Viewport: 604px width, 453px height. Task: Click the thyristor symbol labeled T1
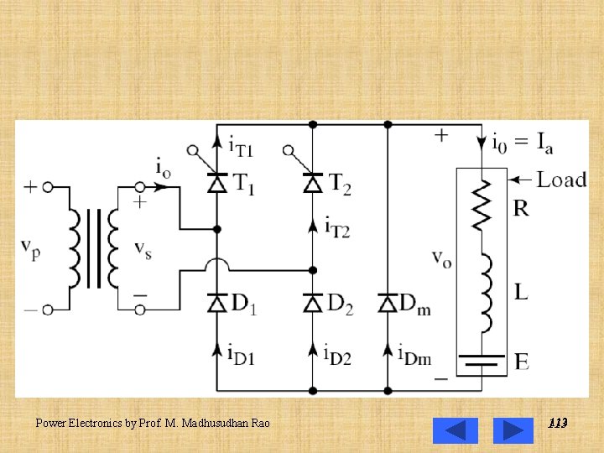coord(217,182)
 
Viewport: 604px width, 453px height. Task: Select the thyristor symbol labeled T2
coord(313,182)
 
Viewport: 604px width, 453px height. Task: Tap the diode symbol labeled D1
coord(217,303)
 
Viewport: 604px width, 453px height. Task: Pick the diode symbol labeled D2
coord(313,303)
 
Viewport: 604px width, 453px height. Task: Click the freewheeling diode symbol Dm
coord(388,303)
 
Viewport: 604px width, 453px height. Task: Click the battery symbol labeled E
coord(482,362)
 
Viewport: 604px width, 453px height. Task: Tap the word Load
coord(561,180)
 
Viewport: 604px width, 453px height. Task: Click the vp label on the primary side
coord(30,247)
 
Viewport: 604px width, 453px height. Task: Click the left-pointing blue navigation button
coord(455,430)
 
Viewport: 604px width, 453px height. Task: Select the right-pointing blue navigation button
coord(513,430)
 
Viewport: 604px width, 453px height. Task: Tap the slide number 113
coord(557,424)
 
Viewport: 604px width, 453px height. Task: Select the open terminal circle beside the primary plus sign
coord(48,187)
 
